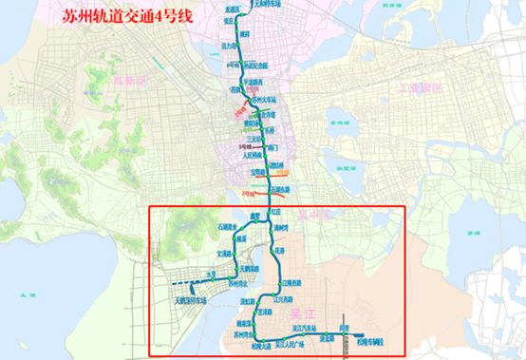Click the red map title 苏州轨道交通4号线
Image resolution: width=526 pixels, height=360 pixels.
click(x=85, y=17)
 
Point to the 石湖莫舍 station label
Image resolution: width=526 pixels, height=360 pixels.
click(x=206, y=227)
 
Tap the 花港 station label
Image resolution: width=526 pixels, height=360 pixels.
click(x=280, y=250)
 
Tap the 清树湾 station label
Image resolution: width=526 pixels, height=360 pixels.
click(x=281, y=228)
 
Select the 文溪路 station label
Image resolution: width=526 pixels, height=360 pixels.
click(x=225, y=254)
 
